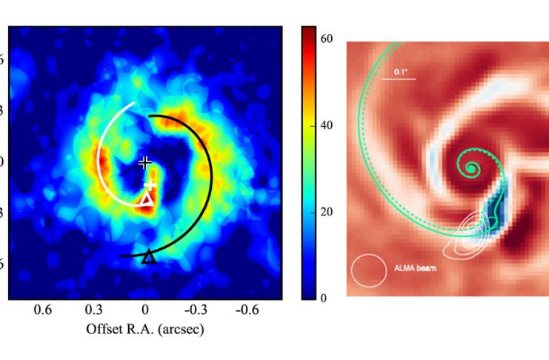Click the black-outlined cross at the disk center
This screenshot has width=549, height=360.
(145, 161)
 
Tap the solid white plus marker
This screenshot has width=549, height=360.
(150, 184)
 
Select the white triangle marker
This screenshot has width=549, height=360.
(147, 199)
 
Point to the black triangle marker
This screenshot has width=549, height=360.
(149, 256)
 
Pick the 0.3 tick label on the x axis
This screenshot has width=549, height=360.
(94, 311)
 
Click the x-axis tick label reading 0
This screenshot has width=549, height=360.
(146, 311)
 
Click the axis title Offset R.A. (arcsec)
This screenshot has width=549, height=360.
(145, 328)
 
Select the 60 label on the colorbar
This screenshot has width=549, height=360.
(326, 38)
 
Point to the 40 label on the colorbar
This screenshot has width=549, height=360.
(326, 124)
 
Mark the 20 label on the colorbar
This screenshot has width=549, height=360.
(326, 212)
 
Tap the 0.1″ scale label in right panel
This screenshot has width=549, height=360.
(401, 72)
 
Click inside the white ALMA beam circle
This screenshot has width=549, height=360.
(369, 270)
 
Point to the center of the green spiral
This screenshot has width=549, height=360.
(472, 170)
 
